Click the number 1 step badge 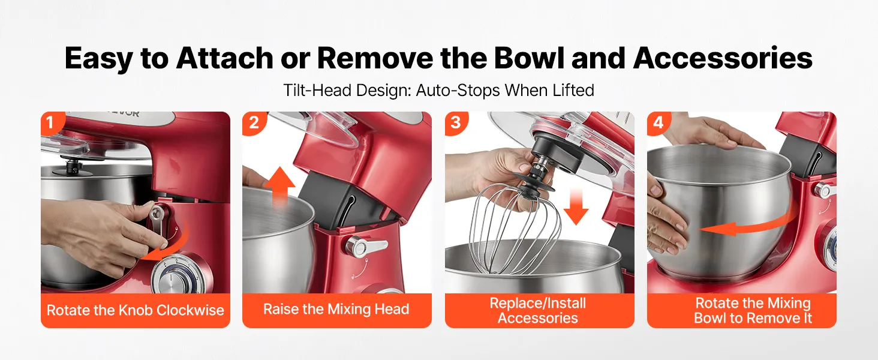tap(51, 122)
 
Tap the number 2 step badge tap(253, 122)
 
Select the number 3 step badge tap(455, 122)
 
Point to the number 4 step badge tap(658, 122)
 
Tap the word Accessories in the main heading tap(723, 58)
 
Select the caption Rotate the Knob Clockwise tap(135, 310)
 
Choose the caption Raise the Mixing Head tap(336, 309)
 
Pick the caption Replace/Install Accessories tap(538, 310)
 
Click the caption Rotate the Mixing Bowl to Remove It tap(753, 310)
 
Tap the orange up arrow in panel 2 tap(280, 185)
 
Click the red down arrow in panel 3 tap(576, 206)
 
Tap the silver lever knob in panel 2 tap(364, 246)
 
